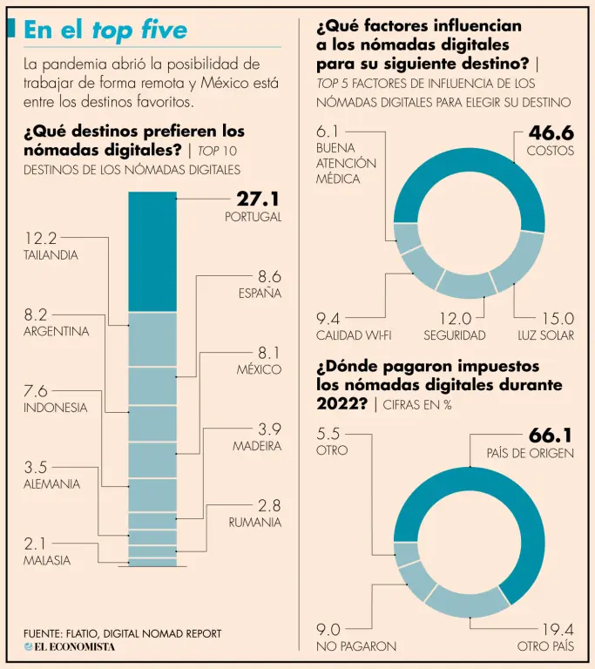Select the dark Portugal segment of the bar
pyautogui.click(x=152, y=251)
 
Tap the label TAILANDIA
pyautogui.click(x=51, y=255)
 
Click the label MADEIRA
pyautogui.click(x=257, y=446)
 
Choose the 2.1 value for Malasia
pyautogui.click(x=35, y=544)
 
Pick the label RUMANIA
pyautogui.click(x=255, y=523)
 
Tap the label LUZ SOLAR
pyautogui.click(x=546, y=335)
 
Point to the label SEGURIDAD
pyautogui.click(x=454, y=335)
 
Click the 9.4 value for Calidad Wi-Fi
pyautogui.click(x=328, y=318)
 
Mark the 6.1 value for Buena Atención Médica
pyautogui.click(x=327, y=132)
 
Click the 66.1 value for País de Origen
pyautogui.click(x=551, y=435)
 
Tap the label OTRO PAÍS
pyautogui.click(x=545, y=646)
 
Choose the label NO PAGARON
pyautogui.click(x=355, y=646)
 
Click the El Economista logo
pyautogui.click(x=69, y=646)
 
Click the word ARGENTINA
pyautogui.click(x=56, y=332)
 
